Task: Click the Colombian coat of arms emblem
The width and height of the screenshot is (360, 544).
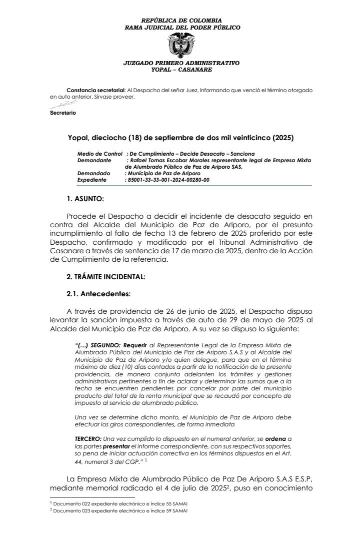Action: pos(180,46)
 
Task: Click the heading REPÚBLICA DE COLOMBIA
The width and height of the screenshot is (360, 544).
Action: pos(181,21)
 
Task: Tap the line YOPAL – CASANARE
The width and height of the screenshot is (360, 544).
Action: pos(181,70)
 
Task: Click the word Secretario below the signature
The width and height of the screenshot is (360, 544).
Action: pos(63,113)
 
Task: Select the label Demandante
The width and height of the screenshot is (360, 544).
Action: pos(94,160)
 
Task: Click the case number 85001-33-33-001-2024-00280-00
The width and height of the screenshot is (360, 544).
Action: pos(167,180)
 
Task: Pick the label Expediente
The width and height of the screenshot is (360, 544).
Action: pos(92,180)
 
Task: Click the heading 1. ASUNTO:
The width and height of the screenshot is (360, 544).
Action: pos(85,199)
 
